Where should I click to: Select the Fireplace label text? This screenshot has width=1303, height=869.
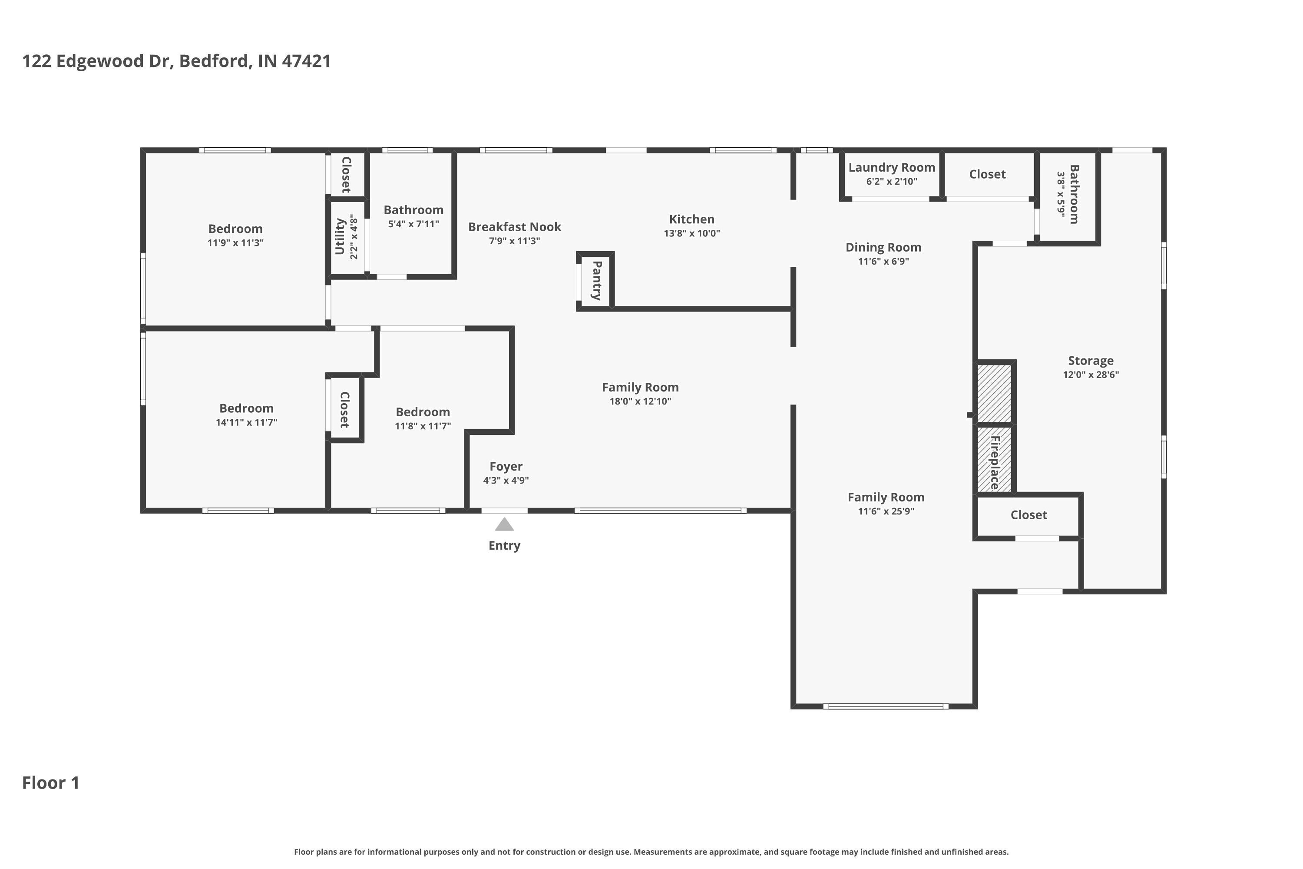(995, 462)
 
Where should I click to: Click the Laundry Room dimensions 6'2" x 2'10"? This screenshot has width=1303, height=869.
(891, 181)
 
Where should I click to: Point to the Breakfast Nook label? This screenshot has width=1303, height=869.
(514, 227)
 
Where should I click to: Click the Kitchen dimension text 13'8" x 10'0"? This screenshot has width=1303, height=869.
(691, 233)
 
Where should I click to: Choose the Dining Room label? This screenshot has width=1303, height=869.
(883, 247)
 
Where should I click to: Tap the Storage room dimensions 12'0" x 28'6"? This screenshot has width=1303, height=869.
(1090, 375)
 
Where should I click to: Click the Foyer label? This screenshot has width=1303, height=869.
(506, 466)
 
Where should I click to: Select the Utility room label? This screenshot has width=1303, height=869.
(340, 237)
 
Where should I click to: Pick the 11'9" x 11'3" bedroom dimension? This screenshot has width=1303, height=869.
(235, 243)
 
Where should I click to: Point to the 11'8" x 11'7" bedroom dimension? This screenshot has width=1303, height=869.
(422, 426)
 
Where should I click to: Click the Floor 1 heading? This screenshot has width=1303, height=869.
(50, 783)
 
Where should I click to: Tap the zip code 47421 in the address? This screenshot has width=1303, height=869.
(306, 61)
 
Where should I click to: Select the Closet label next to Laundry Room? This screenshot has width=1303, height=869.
(987, 174)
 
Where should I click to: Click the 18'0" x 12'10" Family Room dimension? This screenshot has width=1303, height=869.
(640, 401)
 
